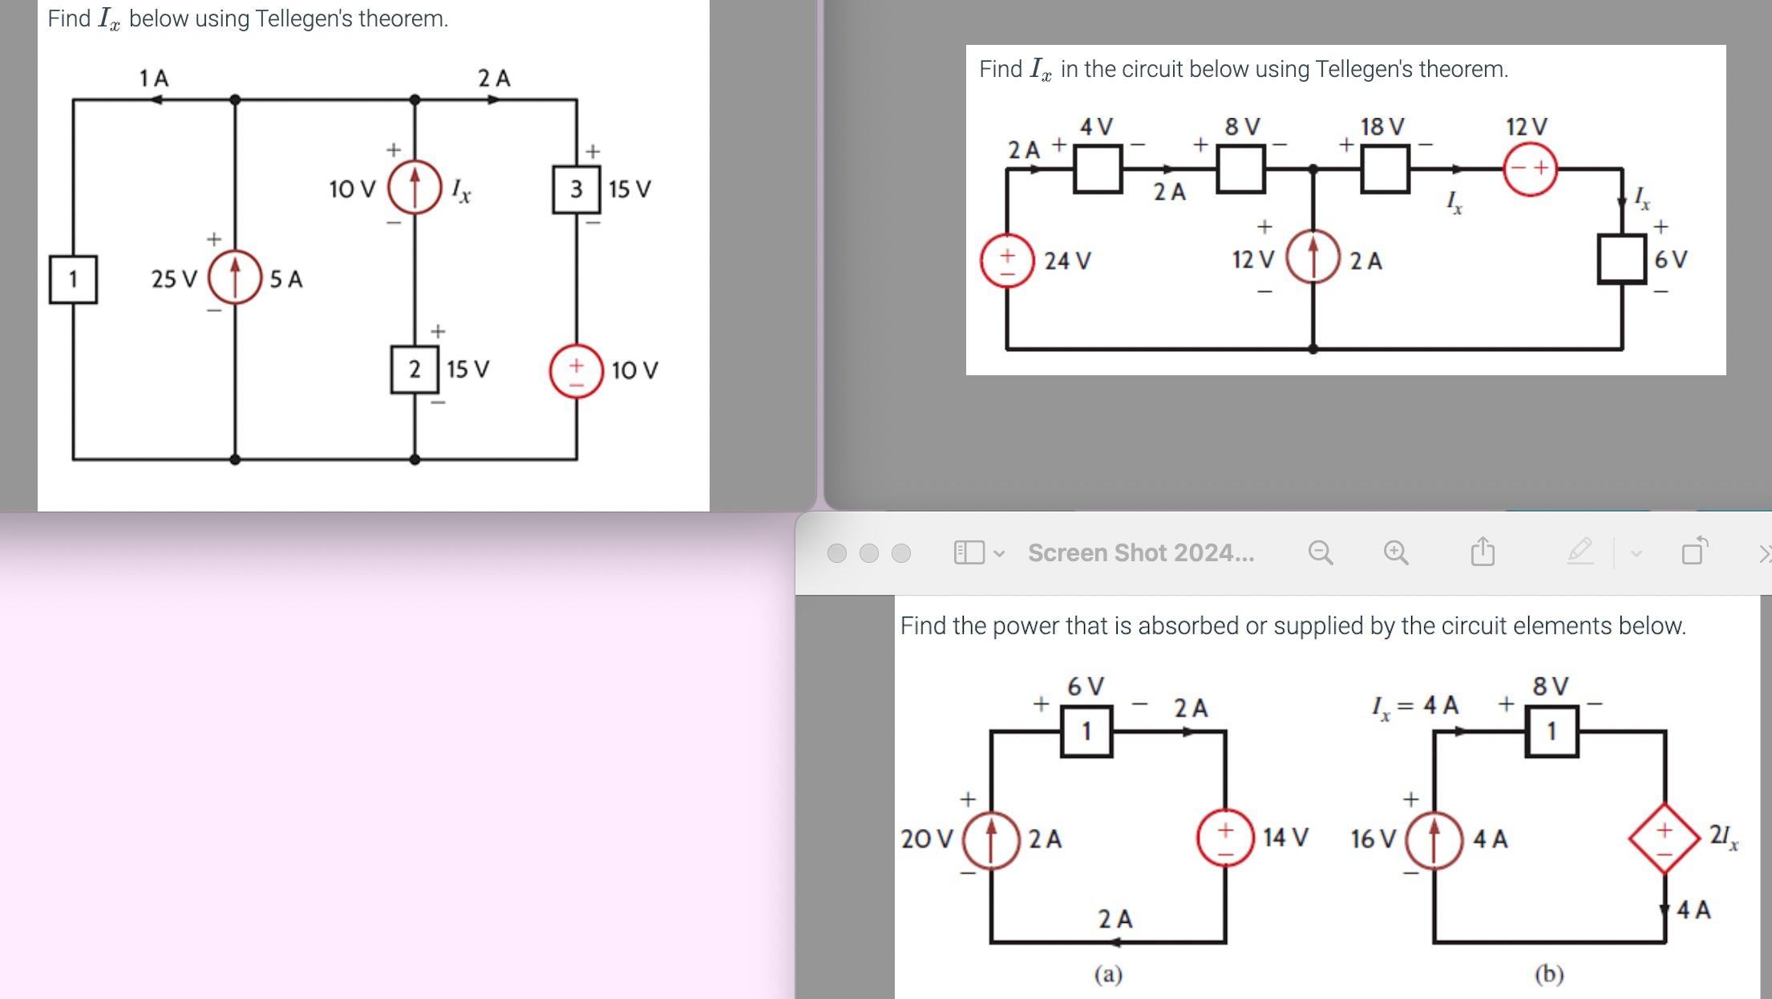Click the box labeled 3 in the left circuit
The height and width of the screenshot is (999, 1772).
(576, 189)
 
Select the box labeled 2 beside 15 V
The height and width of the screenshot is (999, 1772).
(414, 370)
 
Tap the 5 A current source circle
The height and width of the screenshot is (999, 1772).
(234, 277)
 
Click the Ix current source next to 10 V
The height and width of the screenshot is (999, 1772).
(414, 187)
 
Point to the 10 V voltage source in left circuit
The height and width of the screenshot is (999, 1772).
(576, 370)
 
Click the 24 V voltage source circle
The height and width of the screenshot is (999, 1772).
(1006, 261)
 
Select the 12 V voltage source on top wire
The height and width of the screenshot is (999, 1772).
(1529, 168)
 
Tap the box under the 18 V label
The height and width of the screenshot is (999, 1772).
(1385, 169)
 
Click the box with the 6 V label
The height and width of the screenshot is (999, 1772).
(1621, 259)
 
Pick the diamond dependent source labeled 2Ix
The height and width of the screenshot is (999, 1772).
(1664, 838)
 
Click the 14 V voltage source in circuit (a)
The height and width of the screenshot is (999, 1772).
(1224, 838)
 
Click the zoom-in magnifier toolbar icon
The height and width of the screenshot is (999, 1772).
(1395, 552)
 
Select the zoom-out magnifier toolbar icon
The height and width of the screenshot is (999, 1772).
(1320, 552)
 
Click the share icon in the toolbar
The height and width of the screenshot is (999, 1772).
(1483, 552)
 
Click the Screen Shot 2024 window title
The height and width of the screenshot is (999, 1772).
(1140, 552)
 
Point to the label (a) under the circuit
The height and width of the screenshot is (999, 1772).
(1108, 974)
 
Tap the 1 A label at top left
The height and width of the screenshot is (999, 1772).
(153, 78)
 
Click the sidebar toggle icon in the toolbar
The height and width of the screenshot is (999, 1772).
(969, 552)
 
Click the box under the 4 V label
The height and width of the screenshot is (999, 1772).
(1097, 169)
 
